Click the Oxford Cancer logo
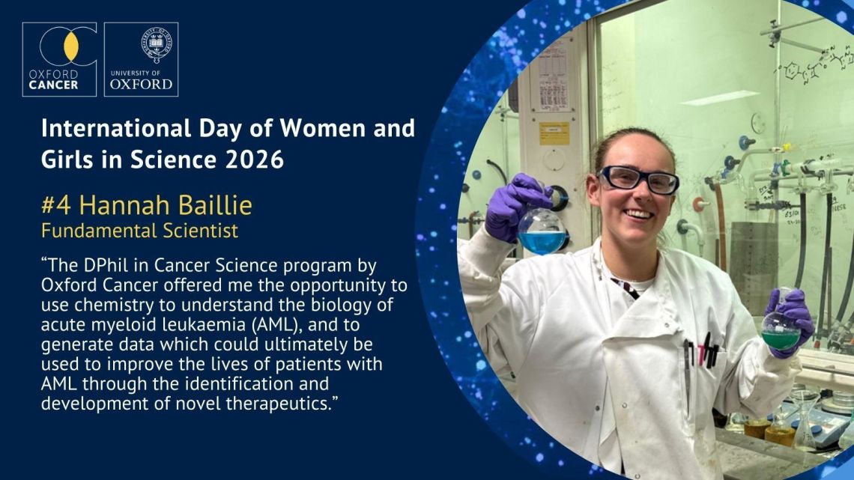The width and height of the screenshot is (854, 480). [x=59, y=59]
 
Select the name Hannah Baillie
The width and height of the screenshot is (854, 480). [x=166, y=206]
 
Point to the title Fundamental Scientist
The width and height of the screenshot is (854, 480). [x=139, y=231]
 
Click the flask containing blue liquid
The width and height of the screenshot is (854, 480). [x=542, y=231]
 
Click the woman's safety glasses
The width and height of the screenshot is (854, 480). [x=638, y=180]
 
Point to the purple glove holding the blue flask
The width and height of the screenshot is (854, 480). [x=512, y=205]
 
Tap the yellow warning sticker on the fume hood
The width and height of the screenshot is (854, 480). [x=554, y=134]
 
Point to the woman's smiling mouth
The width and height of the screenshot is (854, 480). [x=638, y=214]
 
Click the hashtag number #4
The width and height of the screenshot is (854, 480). [x=57, y=206]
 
